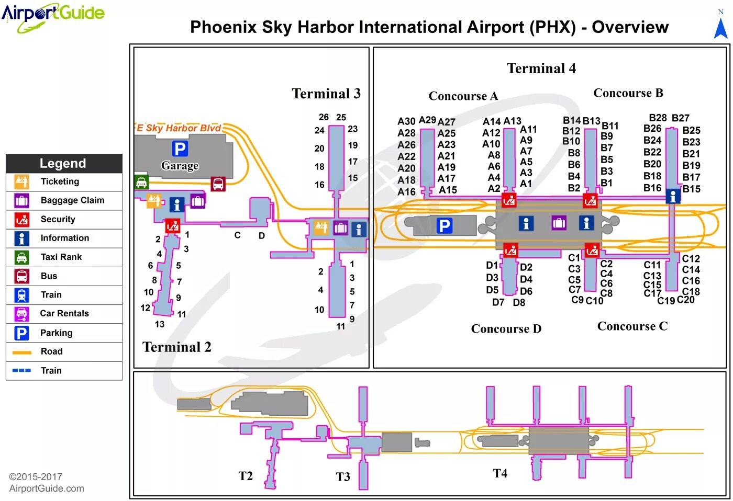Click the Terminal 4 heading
pos(541,69)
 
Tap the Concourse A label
pos(463,96)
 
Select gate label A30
pos(406,121)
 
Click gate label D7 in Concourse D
pos(498,302)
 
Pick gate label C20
pos(685,300)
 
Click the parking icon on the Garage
pos(180,149)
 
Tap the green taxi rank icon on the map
pos(141,182)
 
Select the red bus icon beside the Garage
pos(218,184)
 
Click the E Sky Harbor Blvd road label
pos(179,128)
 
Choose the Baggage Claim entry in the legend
pos(72,200)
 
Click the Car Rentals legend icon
pos(21,314)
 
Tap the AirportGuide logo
pos(53,16)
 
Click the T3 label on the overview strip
pos(343,476)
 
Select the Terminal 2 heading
pos(177,347)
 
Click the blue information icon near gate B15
pos(673,196)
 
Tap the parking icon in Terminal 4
pos(444,226)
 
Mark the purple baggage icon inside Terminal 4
pos(559,223)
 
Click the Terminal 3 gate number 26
pos(324,117)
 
